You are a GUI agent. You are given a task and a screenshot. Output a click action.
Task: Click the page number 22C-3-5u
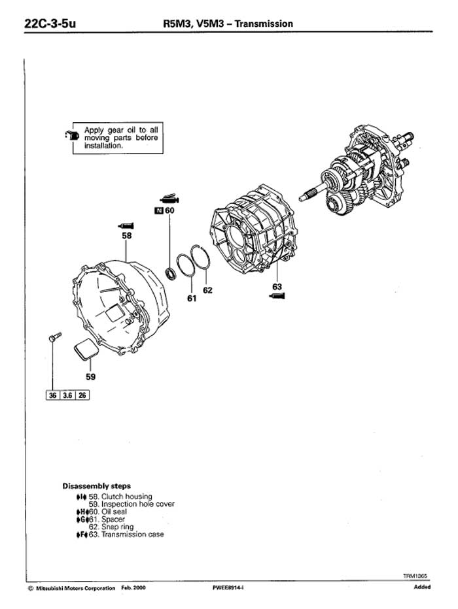point(50,24)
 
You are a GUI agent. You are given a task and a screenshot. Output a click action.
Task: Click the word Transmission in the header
point(264,24)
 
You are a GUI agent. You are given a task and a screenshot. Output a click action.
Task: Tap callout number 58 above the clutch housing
point(127,235)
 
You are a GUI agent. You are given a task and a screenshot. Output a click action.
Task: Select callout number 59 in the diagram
point(90,376)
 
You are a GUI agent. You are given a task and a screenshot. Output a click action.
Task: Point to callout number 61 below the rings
point(192,298)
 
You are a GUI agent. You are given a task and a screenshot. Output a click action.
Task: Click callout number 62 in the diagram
point(207,290)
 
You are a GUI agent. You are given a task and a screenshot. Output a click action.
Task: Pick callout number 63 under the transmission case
point(277,287)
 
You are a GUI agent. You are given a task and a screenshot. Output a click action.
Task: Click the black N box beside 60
point(158,211)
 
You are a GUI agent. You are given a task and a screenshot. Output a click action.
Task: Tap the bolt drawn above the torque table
point(55,337)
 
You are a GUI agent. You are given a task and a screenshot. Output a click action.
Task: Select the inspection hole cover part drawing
point(86,350)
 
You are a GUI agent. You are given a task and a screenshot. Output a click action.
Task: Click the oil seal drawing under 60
point(171,273)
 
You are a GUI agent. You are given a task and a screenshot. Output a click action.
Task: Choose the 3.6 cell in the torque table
point(67,395)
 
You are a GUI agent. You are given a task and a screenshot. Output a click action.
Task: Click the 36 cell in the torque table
point(53,395)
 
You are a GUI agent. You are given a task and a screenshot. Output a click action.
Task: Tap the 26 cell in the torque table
point(82,395)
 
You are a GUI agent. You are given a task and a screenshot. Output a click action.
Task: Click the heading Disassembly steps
point(96,486)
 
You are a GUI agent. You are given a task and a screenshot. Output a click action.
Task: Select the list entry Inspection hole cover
point(132,504)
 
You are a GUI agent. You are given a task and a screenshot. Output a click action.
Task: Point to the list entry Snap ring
point(111,527)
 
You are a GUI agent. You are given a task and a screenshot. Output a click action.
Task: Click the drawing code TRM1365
point(415,576)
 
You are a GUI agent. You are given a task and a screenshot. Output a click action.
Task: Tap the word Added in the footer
point(422,587)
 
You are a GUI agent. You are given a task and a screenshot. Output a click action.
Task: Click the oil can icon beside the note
point(73,135)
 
